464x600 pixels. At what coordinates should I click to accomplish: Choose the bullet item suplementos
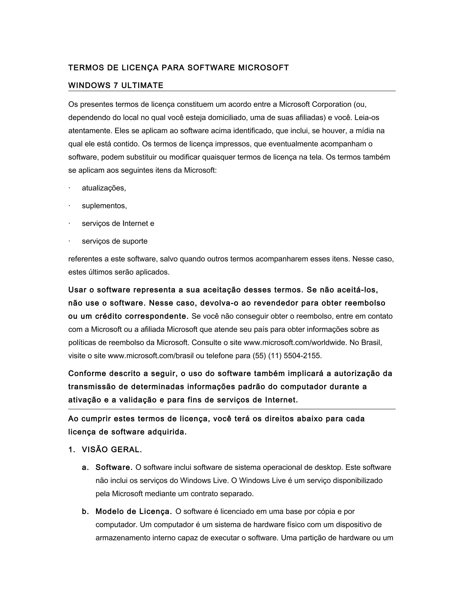tap(104, 206)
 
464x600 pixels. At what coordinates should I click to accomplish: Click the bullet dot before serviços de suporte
tap(70, 241)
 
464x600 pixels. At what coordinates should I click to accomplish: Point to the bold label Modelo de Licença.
tap(134, 511)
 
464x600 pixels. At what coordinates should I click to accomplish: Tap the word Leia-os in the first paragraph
tap(367, 118)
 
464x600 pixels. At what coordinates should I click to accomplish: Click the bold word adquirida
tap(167, 432)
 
